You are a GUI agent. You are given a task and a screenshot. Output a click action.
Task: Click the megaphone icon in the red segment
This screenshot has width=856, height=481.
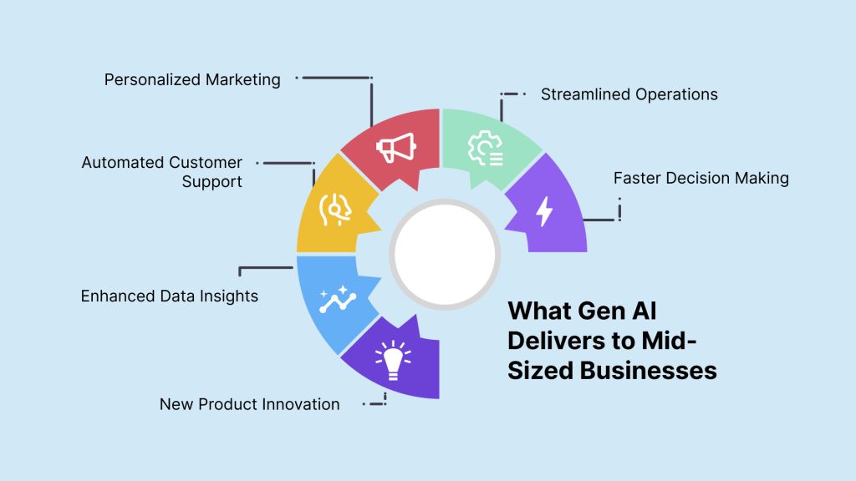coord(396,147)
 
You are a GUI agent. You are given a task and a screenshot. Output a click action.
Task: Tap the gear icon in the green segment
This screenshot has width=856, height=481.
coord(486,148)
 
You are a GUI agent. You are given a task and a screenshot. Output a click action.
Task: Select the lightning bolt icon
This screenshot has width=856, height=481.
coord(544,211)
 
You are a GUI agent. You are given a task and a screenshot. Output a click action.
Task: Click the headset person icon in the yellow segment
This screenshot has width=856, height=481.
coord(334,210)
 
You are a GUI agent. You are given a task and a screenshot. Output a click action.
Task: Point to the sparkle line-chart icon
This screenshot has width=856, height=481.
coord(338,299)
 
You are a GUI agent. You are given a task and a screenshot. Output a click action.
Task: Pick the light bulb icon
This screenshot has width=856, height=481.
coord(393,360)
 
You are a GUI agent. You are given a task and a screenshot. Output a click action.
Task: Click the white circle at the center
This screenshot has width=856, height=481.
coord(445,255)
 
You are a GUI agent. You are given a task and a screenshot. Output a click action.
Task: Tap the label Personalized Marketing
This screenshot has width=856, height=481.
coord(192,79)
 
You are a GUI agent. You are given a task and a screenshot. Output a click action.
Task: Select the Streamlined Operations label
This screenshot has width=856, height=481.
coord(629,94)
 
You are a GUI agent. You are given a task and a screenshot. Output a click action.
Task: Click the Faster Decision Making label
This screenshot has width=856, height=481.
coord(701,179)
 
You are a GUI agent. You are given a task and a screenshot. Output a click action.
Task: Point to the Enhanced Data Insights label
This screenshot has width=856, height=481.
coord(169,296)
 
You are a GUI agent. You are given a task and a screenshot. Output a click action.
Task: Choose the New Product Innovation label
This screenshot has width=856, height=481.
coord(249,404)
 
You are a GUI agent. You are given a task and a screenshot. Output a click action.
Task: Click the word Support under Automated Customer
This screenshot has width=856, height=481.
coord(211,181)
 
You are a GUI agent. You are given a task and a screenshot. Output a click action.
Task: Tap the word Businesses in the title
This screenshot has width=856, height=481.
coord(648,370)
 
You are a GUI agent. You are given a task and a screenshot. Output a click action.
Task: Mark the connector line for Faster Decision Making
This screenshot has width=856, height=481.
coord(600,220)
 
